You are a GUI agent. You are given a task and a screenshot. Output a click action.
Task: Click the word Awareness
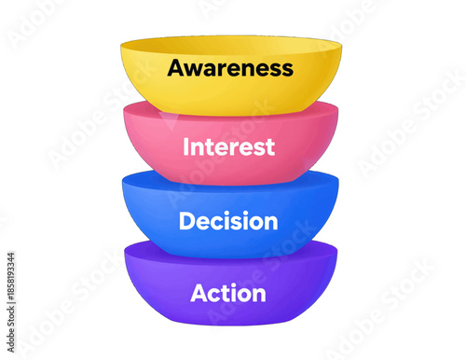point(230,68)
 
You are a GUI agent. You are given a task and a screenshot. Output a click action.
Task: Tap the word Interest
point(229,146)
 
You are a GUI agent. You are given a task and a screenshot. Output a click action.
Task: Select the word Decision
point(229,222)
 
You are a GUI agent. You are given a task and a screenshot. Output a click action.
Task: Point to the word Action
point(228,294)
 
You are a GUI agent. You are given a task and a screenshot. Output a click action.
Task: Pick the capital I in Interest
point(187,146)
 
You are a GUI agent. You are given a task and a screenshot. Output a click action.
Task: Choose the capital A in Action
point(199,294)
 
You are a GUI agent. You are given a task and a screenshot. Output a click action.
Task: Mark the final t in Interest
point(270,147)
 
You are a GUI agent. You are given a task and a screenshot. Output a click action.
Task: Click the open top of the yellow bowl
point(230,47)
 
